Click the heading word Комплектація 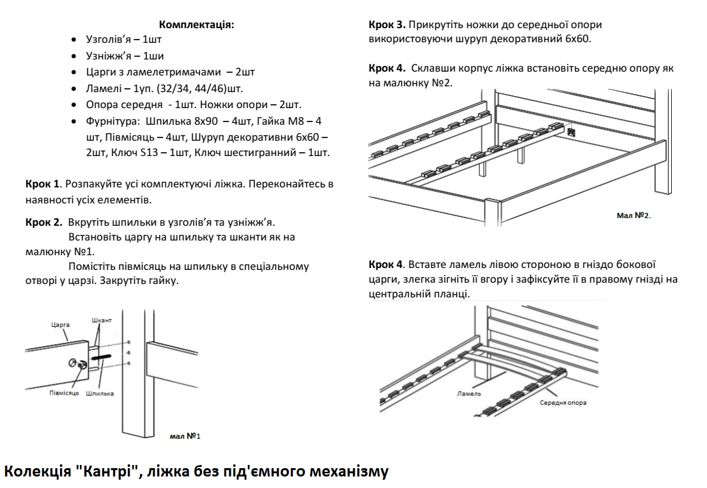click(196, 25)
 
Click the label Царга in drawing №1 click(60, 325)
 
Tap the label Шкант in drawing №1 click(102, 320)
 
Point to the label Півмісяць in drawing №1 click(64, 392)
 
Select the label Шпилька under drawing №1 click(99, 393)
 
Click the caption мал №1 click(185, 436)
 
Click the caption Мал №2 click(633, 216)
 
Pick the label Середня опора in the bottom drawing click(563, 403)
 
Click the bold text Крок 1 click(42, 184)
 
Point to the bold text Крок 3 click(387, 25)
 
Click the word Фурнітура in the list click(111, 121)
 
